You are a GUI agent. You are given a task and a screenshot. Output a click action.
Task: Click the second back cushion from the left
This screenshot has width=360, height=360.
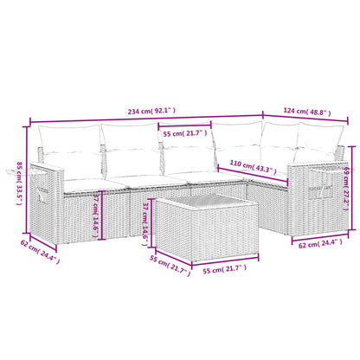tap(129, 143)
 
